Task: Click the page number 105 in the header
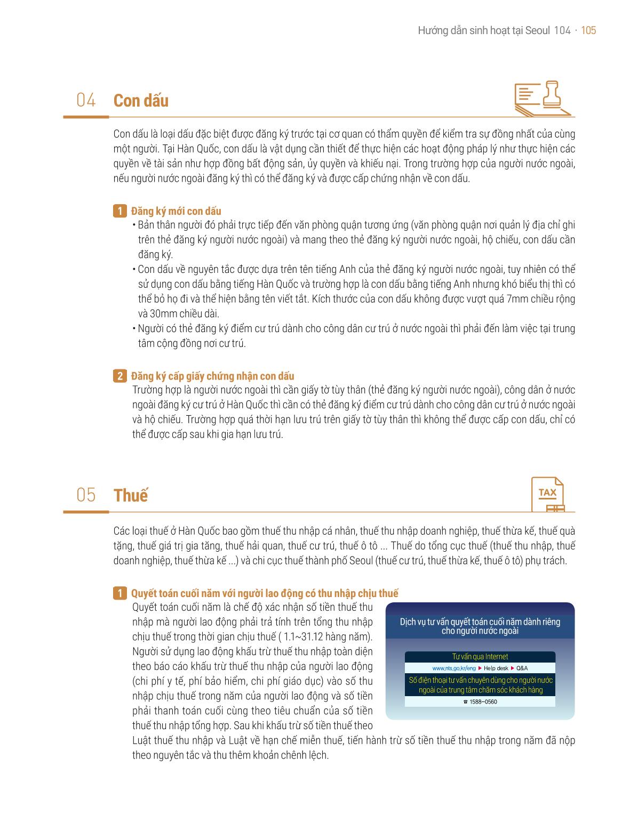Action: (x=588, y=30)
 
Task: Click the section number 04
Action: (x=86, y=100)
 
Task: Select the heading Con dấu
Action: (x=141, y=101)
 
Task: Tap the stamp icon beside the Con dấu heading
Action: (x=542, y=98)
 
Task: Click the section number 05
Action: (x=86, y=495)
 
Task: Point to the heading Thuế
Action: (x=131, y=495)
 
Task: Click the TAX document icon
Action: (x=548, y=494)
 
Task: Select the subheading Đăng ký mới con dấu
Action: (x=176, y=211)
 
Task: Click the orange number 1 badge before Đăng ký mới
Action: (x=119, y=211)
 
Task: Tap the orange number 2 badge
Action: (x=119, y=376)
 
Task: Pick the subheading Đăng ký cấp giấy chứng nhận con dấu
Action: (x=213, y=376)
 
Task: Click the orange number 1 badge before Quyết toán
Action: (x=119, y=593)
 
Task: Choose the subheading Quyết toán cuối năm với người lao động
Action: (x=265, y=593)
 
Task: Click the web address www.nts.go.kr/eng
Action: (x=454, y=668)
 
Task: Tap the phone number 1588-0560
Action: (x=483, y=701)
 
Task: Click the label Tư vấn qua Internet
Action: (x=480, y=657)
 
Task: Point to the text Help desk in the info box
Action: (x=496, y=668)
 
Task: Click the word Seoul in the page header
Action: (x=537, y=30)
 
